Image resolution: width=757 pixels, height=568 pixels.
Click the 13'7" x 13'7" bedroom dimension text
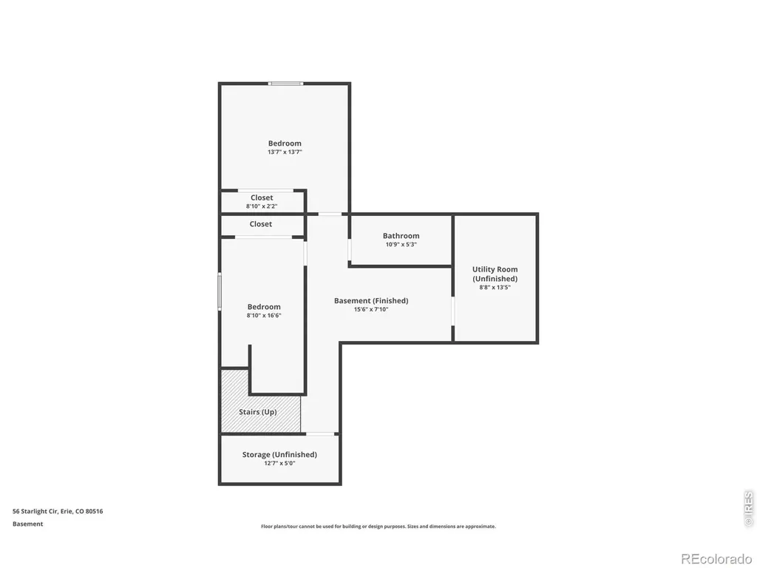[285, 152]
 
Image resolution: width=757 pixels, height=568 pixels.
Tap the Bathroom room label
[401, 236]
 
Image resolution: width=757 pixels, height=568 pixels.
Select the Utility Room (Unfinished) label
[495, 274]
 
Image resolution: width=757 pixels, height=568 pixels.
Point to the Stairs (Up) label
[258, 412]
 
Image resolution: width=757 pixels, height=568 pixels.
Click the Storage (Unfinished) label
[279, 455]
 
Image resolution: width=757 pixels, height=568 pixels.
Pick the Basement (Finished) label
[371, 301]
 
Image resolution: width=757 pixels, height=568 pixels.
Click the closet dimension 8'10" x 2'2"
[262, 206]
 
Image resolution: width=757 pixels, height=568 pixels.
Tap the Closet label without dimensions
[261, 224]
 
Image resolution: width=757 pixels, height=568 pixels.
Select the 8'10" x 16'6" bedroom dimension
[264, 316]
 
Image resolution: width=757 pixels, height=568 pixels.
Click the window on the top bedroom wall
[286, 84]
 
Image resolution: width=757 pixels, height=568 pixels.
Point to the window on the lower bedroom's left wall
[219, 291]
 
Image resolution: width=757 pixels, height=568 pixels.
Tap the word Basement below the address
[27, 524]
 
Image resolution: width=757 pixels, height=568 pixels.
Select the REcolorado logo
[716, 559]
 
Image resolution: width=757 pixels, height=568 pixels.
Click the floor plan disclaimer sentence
[378, 527]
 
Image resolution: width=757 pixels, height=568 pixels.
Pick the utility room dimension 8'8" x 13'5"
[495, 288]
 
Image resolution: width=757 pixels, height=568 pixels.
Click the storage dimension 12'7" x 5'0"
[279, 463]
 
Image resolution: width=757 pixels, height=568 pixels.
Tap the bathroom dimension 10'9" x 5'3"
[401, 244]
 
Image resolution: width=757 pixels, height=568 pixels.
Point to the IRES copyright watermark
[749, 508]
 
